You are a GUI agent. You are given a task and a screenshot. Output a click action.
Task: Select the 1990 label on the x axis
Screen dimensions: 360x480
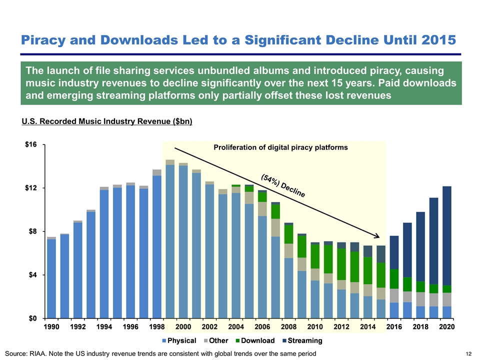(x=51, y=327)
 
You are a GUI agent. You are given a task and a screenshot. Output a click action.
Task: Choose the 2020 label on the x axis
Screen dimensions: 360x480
(x=446, y=327)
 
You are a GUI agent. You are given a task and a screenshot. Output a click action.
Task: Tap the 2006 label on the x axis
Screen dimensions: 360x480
(x=262, y=327)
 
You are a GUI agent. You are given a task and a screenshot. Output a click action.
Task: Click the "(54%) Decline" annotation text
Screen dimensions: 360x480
(x=282, y=185)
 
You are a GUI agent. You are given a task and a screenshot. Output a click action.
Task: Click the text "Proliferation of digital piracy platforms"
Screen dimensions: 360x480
(x=280, y=147)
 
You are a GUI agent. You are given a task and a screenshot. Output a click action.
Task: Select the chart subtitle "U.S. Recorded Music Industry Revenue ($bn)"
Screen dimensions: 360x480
(x=107, y=121)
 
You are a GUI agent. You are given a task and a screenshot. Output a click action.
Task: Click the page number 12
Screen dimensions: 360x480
(x=468, y=354)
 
